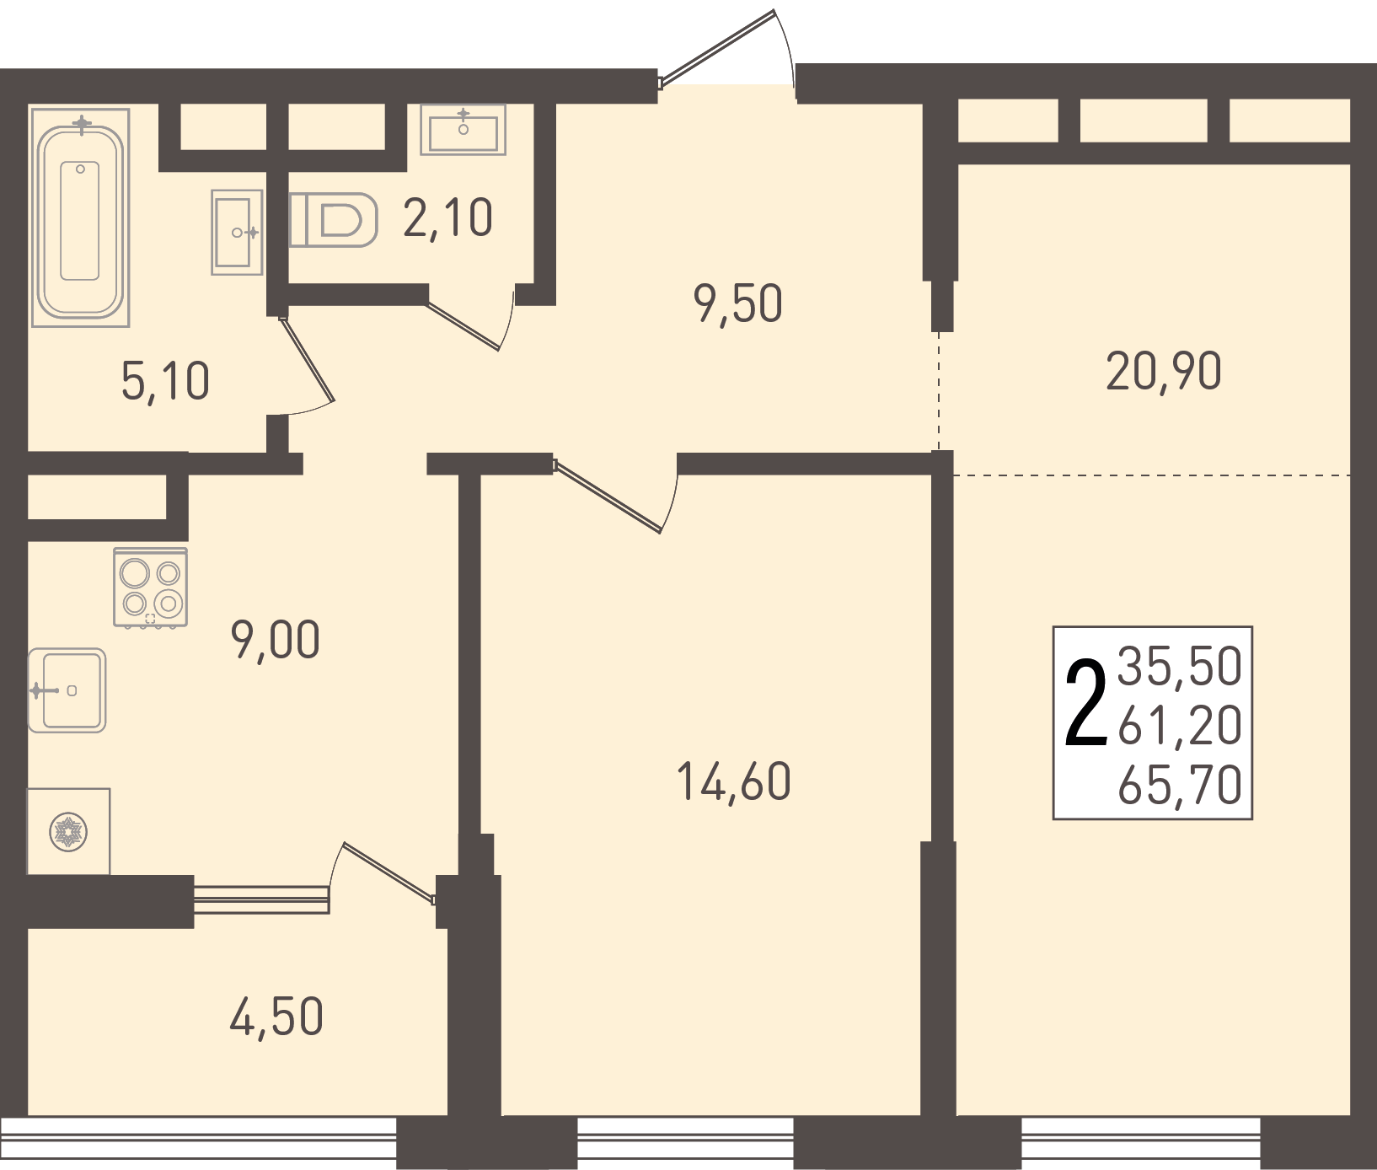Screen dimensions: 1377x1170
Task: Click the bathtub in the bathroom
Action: [80, 217]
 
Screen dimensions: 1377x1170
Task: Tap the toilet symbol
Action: [333, 220]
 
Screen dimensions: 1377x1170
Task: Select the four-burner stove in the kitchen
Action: [150, 588]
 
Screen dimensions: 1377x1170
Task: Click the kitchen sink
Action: [67, 690]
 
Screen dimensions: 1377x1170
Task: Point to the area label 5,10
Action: [165, 381]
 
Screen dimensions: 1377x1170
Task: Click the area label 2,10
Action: [447, 218]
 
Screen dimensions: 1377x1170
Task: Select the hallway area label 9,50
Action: [737, 303]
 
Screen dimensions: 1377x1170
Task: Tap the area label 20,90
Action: [1163, 371]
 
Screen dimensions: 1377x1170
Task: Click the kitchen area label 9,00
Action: [275, 640]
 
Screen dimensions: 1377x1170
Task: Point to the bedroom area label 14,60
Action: [733, 781]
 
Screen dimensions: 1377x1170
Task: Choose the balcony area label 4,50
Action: [276, 1017]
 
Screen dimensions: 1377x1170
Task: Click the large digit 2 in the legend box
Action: [1085, 704]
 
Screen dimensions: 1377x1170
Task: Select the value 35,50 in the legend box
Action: [1180, 666]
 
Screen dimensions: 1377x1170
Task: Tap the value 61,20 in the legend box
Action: [1180, 725]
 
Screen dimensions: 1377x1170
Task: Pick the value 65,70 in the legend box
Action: [1180, 785]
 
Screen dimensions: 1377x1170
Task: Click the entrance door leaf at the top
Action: [716, 48]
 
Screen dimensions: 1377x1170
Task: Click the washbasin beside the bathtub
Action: [237, 232]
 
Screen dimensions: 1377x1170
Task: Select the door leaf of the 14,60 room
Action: [607, 496]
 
